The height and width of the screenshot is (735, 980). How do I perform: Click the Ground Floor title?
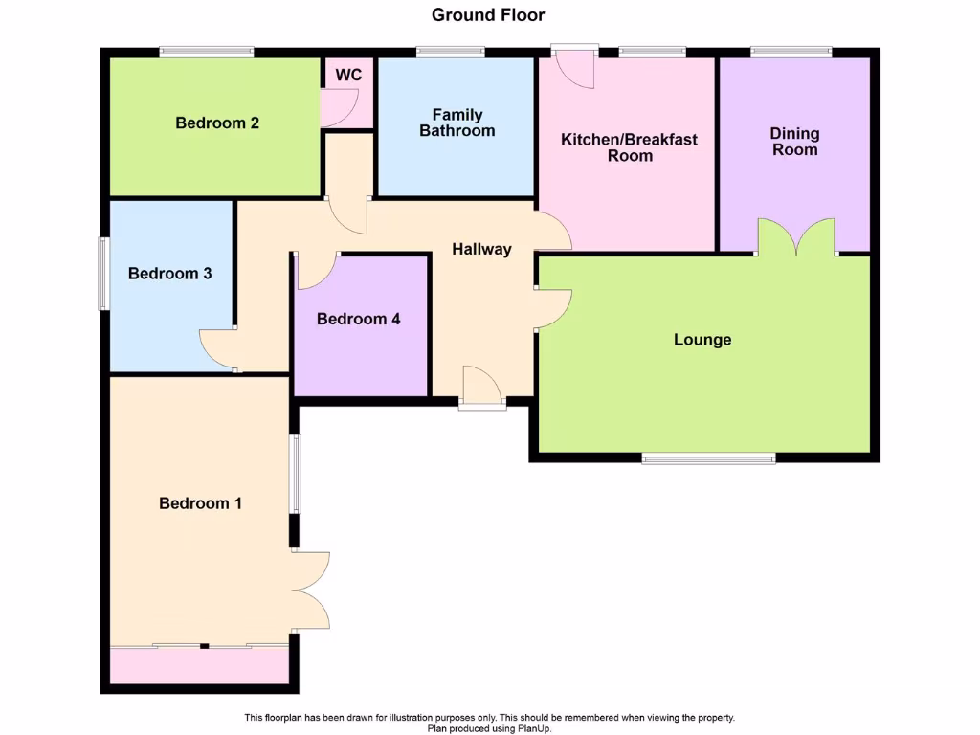coord(488,14)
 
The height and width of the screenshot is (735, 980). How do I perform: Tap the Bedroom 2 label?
coord(217,122)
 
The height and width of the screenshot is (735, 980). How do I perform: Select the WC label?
coord(348,75)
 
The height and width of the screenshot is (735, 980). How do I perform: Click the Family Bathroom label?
coord(457,122)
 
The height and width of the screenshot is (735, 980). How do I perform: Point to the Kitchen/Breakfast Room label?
coord(629,147)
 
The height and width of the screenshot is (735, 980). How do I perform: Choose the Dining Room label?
coord(795,142)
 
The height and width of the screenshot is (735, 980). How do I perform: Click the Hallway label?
coord(481,249)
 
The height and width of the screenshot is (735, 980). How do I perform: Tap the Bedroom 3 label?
coord(169,274)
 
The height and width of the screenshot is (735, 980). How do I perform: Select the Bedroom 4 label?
coord(359,319)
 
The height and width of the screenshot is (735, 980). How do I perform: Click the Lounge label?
coord(702,340)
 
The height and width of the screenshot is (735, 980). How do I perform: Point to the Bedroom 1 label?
coord(200,503)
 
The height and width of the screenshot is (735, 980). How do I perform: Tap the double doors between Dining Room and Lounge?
coord(796,236)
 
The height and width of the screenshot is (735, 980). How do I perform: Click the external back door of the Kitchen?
coord(576,65)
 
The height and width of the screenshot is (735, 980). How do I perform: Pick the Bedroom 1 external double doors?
coord(312,590)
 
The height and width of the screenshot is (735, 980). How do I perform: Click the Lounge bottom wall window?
coord(708,458)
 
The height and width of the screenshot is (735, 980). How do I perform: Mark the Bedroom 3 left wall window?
coord(103,274)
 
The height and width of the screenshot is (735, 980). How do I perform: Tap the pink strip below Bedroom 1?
coord(199,665)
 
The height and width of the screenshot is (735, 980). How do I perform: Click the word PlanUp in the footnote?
coord(534,728)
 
